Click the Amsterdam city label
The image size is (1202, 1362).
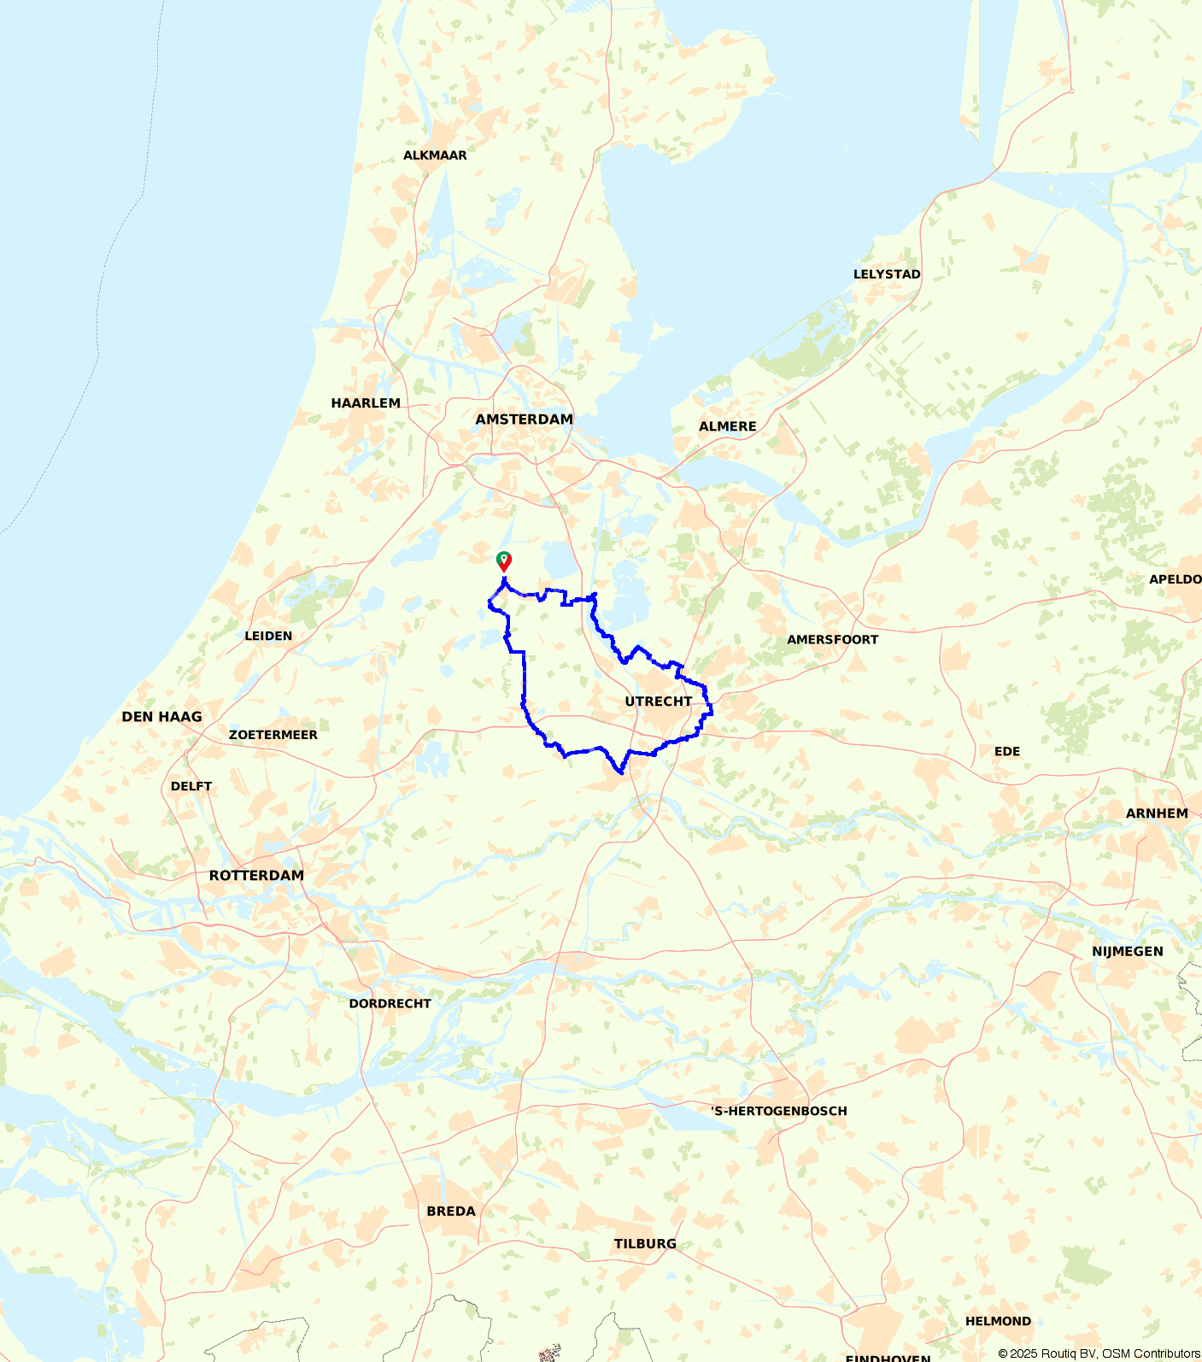click(x=524, y=420)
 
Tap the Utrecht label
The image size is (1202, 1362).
click(x=658, y=702)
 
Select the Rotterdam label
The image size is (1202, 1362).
click(x=256, y=876)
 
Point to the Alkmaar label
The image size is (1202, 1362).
click(x=435, y=156)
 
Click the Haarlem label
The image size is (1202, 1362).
click(x=366, y=403)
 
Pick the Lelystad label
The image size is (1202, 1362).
click(x=887, y=274)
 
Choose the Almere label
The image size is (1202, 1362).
click(x=727, y=426)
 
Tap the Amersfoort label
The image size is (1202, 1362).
click(x=832, y=640)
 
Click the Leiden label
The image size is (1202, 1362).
click(x=268, y=637)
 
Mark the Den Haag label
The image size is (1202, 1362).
click(x=161, y=717)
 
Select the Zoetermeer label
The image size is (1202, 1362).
click(x=273, y=735)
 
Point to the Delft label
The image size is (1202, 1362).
click(x=191, y=787)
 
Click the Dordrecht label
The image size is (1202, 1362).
click(x=390, y=1004)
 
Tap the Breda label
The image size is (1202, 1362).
click(x=451, y=1212)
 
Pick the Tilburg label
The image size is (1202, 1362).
click(x=645, y=1244)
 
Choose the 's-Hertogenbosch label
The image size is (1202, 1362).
click(x=779, y=1112)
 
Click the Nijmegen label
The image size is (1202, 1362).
click(x=1127, y=952)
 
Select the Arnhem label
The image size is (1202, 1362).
click(x=1156, y=813)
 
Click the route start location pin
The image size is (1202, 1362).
click(x=504, y=561)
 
